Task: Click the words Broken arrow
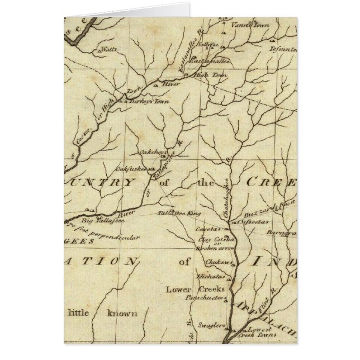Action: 213,248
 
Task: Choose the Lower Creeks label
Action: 195,290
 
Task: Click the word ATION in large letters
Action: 103,261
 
